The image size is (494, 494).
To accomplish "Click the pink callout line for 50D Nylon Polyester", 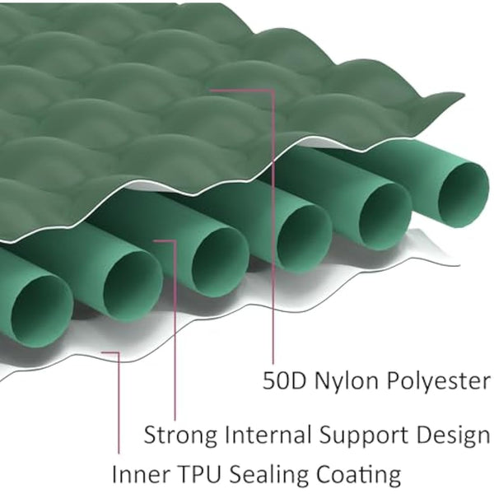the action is point(273,227).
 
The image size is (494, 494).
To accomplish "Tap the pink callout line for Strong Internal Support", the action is point(175,330).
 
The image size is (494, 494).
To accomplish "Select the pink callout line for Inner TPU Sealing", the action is point(119,403).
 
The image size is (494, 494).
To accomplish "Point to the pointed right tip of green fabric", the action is point(464,94).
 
